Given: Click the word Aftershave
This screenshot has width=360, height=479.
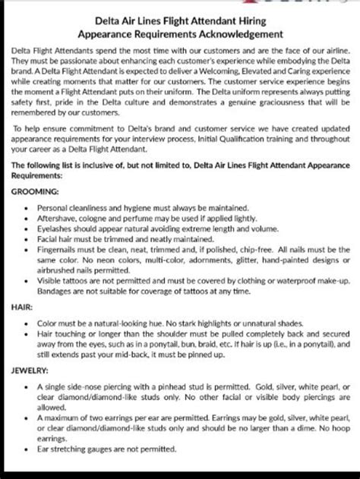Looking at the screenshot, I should pyautogui.click(x=58, y=217).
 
